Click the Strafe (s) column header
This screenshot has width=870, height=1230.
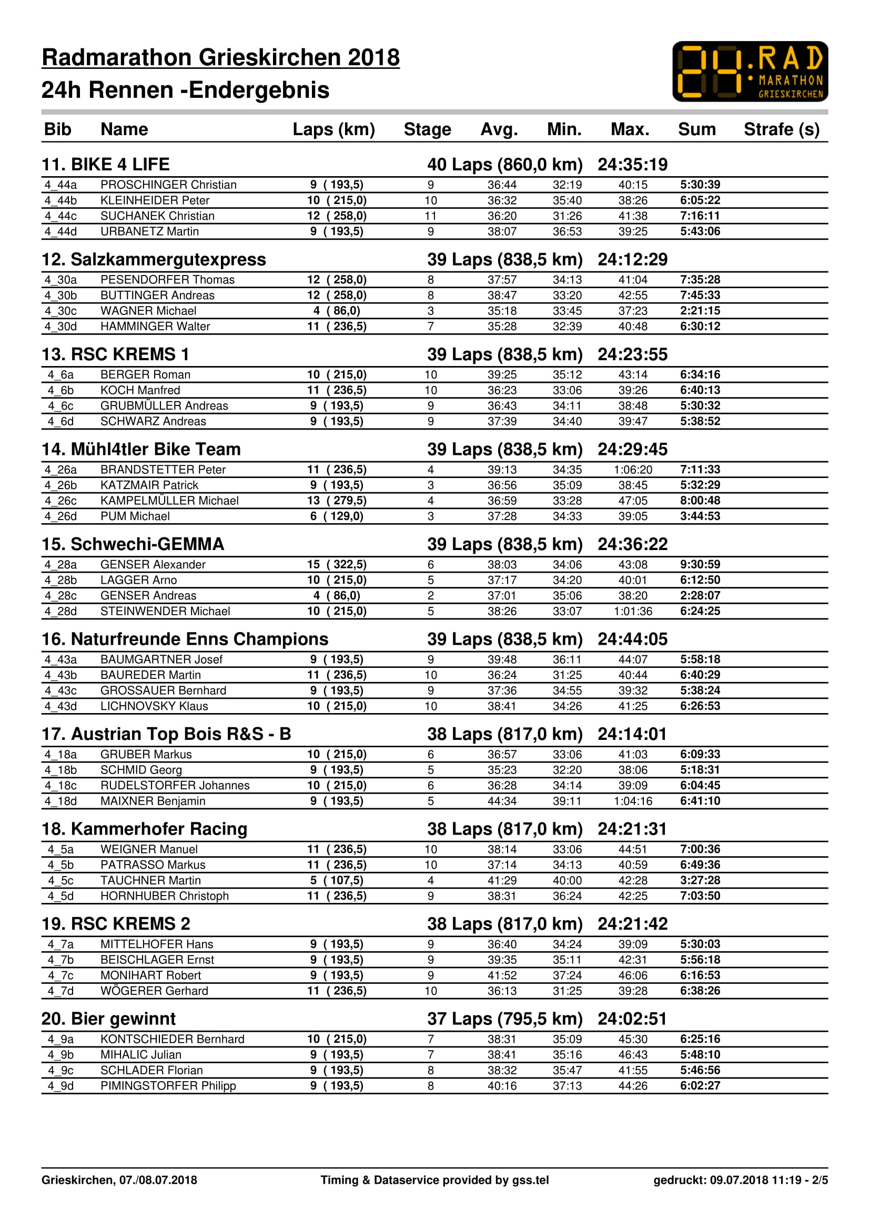click(x=781, y=129)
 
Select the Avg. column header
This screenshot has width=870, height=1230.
click(x=499, y=129)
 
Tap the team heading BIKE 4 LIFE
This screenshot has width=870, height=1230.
click(x=106, y=165)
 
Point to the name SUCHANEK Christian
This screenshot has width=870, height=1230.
click(x=157, y=216)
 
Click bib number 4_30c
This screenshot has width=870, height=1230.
click(x=60, y=311)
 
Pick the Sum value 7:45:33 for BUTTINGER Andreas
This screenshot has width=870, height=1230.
click(x=700, y=295)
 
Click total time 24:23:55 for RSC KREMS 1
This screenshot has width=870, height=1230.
click(x=632, y=354)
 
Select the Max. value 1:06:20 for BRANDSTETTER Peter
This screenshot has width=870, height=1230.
click(x=633, y=470)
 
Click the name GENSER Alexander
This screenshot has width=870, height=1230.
click(x=153, y=565)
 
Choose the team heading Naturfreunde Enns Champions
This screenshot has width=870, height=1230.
click(x=185, y=639)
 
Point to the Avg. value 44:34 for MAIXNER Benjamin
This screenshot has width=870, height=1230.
click(x=501, y=801)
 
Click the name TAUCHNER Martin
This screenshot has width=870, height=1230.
click(x=150, y=880)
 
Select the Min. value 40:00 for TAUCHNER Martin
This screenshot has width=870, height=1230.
click(x=567, y=880)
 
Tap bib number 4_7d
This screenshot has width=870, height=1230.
click(x=60, y=991)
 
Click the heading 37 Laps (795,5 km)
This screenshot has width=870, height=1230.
click(x=504, y=1019)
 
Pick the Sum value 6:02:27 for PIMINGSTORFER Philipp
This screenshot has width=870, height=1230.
click(x=700, y=1085)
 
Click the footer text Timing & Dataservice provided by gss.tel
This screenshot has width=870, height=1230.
click(x=434, y=1180)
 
